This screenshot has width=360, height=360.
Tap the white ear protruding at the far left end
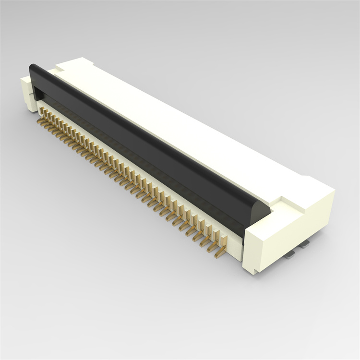26,94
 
